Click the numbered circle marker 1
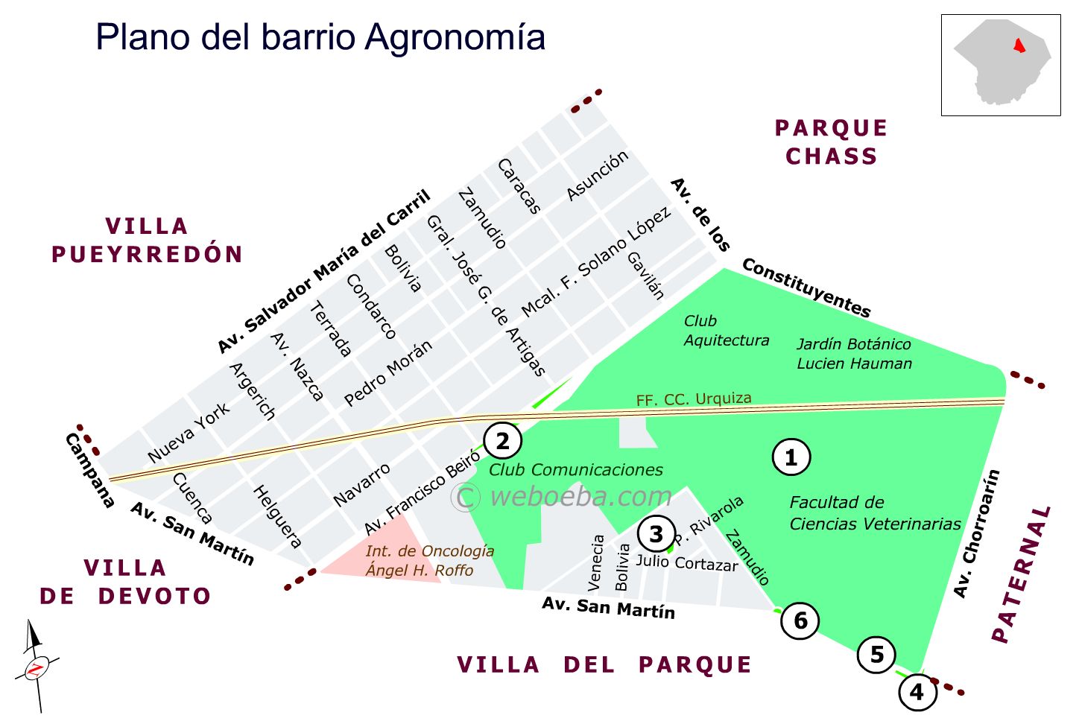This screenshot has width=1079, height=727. point(791,457)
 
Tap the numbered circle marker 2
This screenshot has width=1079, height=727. point(503,441)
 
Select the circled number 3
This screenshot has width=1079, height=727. point(656,533)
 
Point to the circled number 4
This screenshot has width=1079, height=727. point(917,692)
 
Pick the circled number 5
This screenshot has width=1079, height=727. point(877,654)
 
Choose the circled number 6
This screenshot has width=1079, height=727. point(800,620)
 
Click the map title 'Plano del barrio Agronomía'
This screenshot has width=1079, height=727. point(320,37)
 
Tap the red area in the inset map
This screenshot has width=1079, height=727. point(1019,45)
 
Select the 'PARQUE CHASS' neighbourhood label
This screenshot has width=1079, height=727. point(832,142)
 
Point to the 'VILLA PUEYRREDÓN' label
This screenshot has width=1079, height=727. point(147,240)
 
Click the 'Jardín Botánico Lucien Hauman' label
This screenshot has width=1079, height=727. point(854,354)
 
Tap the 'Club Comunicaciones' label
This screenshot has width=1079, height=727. point(576,470)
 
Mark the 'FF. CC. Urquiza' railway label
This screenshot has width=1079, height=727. point(694,399)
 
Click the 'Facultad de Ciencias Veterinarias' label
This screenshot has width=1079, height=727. point(875,513)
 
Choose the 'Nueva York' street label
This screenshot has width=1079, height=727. point(189,433)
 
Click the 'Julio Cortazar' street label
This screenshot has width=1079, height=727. point(686,562)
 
